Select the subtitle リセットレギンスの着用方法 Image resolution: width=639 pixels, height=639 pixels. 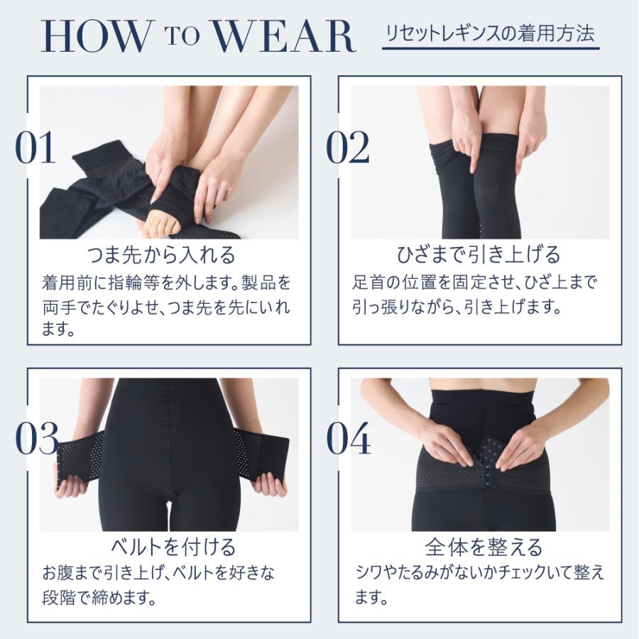490,33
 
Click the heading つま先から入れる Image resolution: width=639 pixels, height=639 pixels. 160,254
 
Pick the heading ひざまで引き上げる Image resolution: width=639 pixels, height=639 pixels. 479,254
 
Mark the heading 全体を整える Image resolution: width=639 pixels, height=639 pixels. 484,547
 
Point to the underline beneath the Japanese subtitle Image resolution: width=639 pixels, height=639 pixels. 490,49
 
